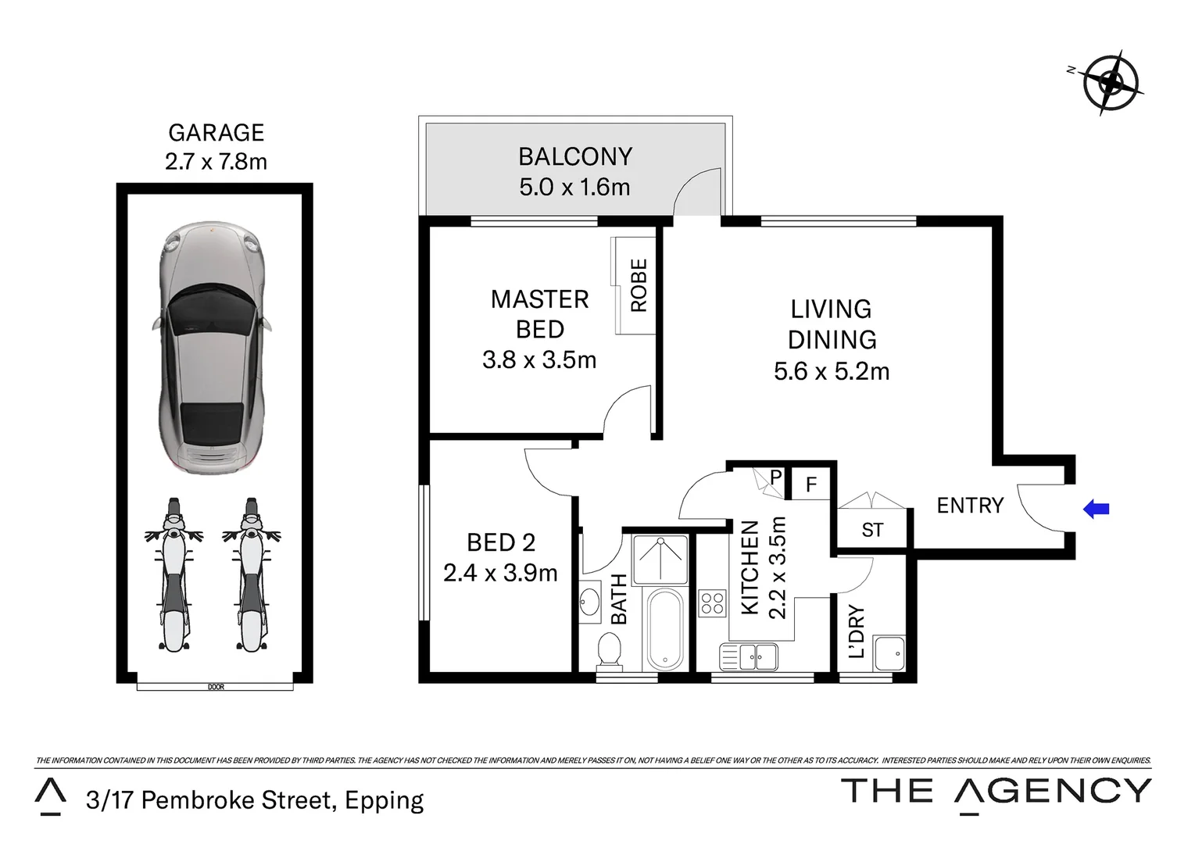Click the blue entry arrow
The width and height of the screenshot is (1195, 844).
1096,510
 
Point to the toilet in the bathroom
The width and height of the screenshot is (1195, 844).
608,650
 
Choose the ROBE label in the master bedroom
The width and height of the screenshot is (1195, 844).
639,286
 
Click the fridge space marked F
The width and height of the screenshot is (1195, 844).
810,485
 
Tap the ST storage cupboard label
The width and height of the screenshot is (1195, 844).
872,531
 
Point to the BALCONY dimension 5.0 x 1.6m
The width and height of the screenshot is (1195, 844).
574,188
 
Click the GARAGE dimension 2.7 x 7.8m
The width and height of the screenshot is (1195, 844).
216,161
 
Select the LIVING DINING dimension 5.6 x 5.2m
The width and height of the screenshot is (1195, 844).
832,371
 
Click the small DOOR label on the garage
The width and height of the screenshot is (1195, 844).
216,687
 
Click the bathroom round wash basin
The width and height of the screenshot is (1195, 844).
591,602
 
